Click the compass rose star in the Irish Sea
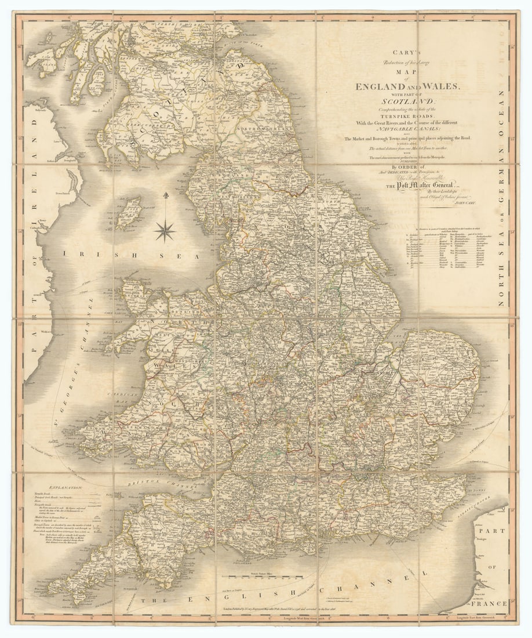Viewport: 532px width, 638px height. point(165,231)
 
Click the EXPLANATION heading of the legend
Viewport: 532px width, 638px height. point(66,488)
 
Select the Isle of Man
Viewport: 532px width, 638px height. point(129,212)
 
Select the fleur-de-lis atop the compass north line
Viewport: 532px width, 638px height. point(165,195)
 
